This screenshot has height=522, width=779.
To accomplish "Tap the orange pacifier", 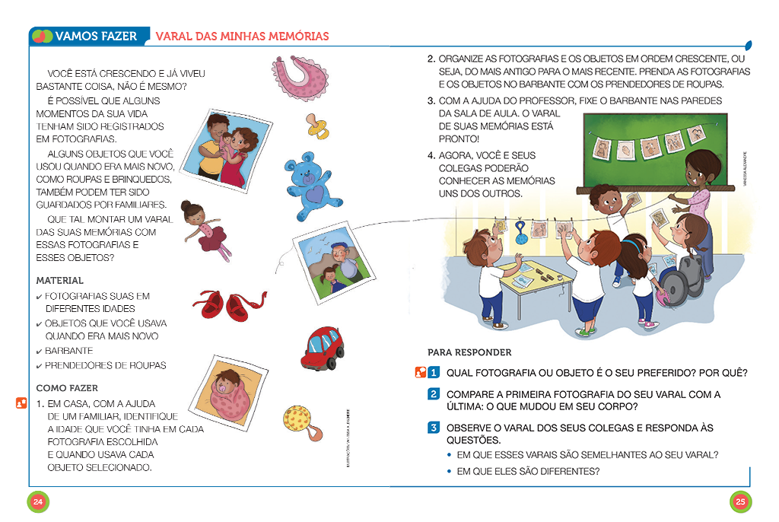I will pyautogui.click(x=317, y=126).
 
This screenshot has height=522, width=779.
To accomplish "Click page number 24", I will pyautogui.click(x=38, y=501).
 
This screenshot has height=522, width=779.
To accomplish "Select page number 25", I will pyautogui.click(x=740, y=501).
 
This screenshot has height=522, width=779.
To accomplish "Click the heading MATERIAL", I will pyautogui.click(x=60, y=281).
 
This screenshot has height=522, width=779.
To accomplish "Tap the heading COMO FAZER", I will pyautogui.click(x=67, y=388).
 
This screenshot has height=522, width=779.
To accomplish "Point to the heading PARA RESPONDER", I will pyautogui.click(x=469, y=352).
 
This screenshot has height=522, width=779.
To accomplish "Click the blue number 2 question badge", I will pyautogui.click(x=433, y=394).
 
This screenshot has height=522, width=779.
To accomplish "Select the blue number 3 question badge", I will pyautogui.click(x=433, y=428).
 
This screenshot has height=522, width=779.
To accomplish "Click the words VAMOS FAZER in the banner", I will pyautogui.click(x=97, y=36).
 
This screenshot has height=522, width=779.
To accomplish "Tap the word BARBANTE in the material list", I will pyautogui.click(x=69, y=351).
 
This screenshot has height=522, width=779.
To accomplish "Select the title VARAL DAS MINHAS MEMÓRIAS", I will pyautogui.click(x=242, y=36).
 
